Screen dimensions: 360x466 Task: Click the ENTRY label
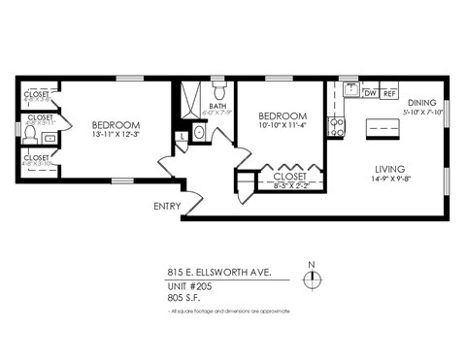(167, 207)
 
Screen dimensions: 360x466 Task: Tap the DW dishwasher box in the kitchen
(370, 93)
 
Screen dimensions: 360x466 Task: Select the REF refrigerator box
(389, 93)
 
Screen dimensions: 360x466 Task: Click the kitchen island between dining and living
(382, 129)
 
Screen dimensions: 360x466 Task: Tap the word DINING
(421, 102)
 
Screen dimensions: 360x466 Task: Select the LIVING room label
(389, 168)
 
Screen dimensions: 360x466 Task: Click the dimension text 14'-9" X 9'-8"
(389, 180)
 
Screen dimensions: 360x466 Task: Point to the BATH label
(217, 107)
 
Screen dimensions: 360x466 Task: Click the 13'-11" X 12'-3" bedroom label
(116, 130)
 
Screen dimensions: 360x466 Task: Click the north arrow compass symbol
(311, 280)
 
